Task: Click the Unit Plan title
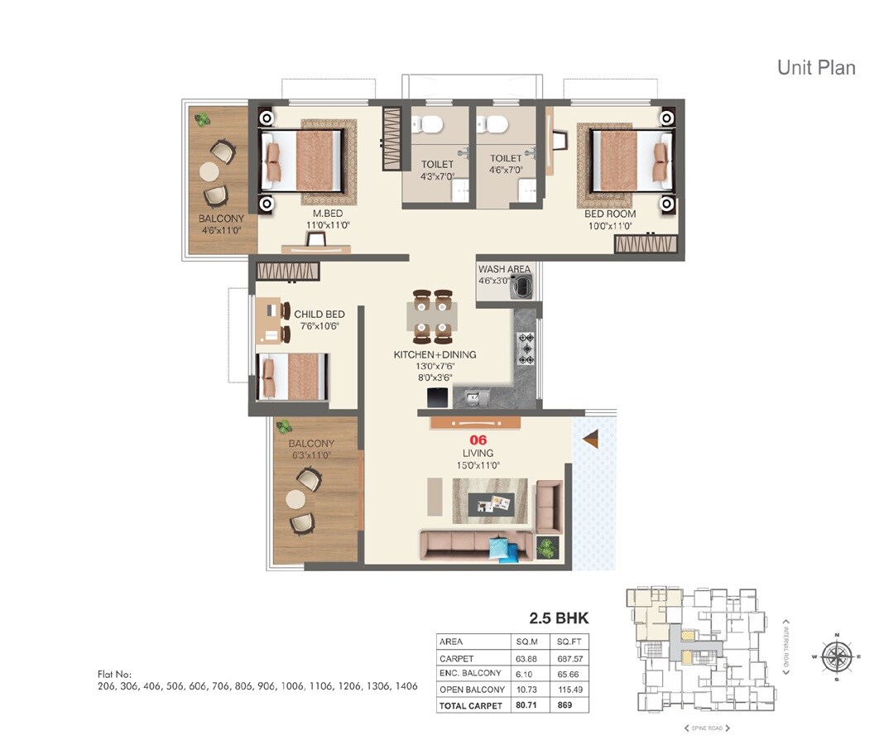coord(815,67)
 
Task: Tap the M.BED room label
coord(317,214)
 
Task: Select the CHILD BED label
coord(319,315)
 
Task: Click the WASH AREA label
coord(504,270)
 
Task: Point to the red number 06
coord(478,440)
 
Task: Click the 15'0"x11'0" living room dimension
coord(478,466)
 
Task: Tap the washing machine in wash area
coord(523,288)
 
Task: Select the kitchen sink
coord(473,400)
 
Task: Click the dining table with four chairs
coord(432,316)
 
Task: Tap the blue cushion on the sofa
coord(498,549)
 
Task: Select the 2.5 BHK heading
coord(559,618)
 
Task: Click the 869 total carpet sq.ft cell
coord(566,705)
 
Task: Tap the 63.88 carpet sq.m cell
coord(526,659)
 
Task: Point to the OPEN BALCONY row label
coord(472,690)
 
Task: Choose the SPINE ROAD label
coord(706,728)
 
